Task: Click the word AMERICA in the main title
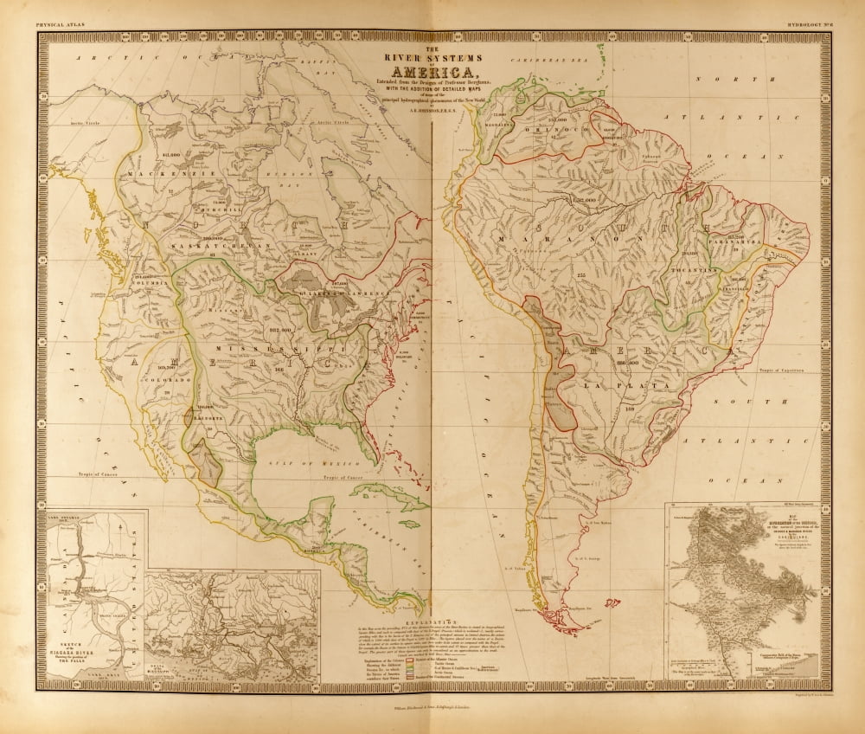(x=432, y=72)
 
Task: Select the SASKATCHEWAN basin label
(x=210, y=246)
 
